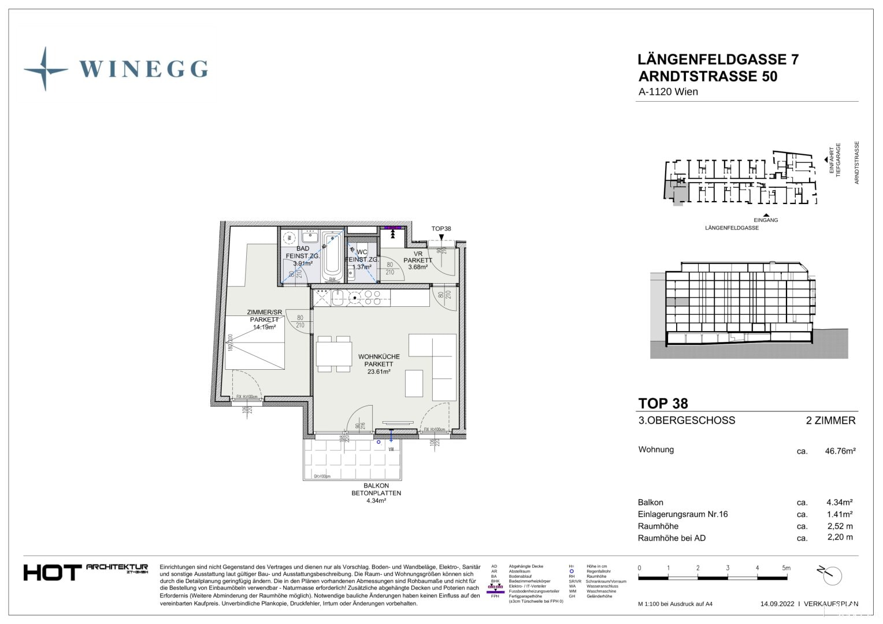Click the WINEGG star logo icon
(45, 69)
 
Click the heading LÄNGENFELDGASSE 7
(718, 60)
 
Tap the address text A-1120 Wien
(668, 92)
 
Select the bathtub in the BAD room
(332, 256)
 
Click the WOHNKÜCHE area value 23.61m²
(379, 372)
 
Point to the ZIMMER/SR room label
(264, 313)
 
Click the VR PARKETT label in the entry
(418, 258)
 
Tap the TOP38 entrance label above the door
(441, 229)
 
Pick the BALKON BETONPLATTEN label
(376, 489)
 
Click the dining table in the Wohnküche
(334, 354)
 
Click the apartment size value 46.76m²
(840, 451)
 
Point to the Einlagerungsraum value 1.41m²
(840, 514)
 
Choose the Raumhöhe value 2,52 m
(840, 526)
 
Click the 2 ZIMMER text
(830, 421)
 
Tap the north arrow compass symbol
(830, 575)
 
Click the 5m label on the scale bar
(786, 568)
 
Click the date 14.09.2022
(777, 604)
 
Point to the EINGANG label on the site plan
(766, 220)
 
